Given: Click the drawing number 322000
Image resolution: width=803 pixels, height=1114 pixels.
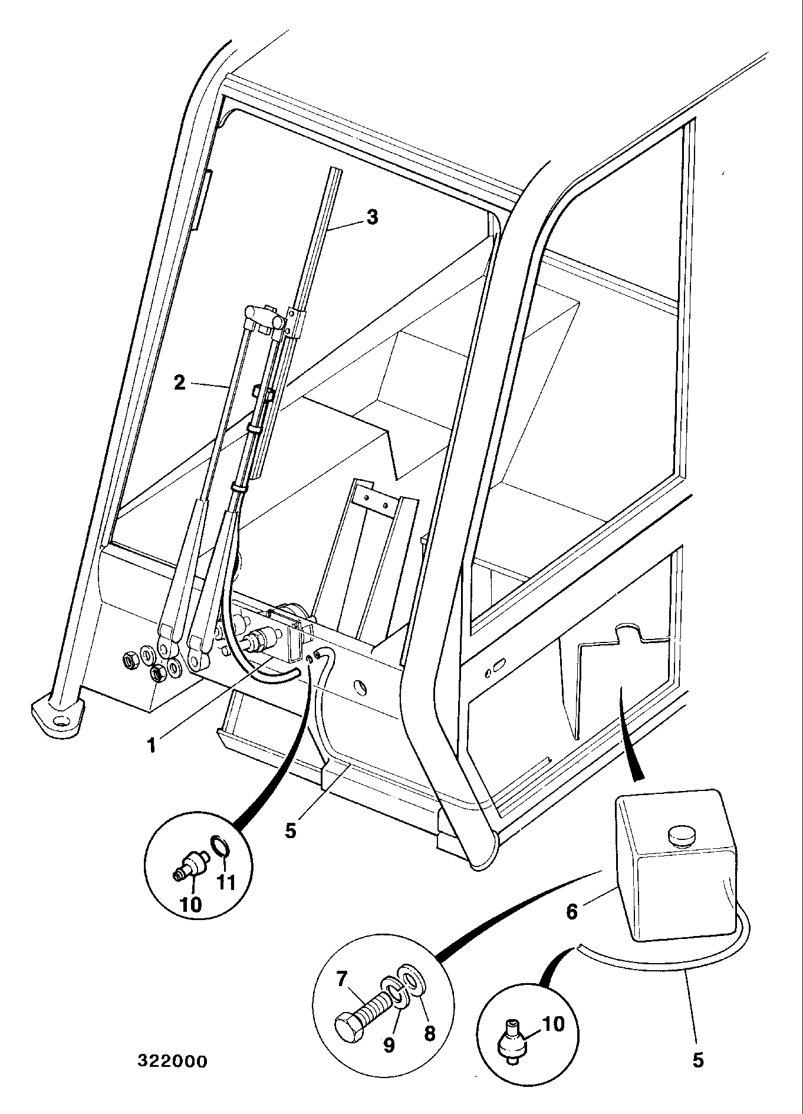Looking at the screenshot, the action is [172, 1062].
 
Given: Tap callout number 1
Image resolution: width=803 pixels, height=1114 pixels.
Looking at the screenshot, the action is [152, 746].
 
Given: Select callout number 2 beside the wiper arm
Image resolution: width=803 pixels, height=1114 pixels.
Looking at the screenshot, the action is [180, 383].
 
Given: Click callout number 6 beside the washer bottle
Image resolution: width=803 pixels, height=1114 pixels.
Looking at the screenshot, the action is [571, 911].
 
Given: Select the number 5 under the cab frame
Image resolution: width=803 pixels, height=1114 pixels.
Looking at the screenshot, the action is [290, 830].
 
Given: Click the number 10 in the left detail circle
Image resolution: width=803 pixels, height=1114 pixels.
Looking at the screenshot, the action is [191, 905].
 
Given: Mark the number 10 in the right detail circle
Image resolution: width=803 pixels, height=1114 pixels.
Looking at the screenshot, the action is [552, 1024].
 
